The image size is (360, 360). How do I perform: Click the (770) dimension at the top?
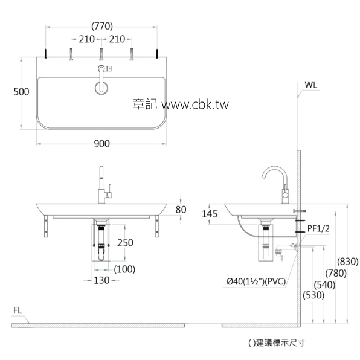(102, 25)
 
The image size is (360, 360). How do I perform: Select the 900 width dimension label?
(102, 143)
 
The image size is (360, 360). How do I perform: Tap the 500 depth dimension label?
(21, 92)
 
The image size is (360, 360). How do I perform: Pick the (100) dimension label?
(124, 269)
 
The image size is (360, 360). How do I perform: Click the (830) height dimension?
(349, 262)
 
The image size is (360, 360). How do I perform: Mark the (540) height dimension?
(326, 284)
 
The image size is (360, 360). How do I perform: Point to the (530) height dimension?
(313, 295)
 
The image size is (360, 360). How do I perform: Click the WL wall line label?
(311, 85)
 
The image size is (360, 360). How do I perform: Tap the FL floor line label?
(19, 310)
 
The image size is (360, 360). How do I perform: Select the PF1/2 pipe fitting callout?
(318, 228)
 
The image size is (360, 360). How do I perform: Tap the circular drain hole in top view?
(101, 87)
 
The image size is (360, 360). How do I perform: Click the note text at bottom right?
(276, 342)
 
